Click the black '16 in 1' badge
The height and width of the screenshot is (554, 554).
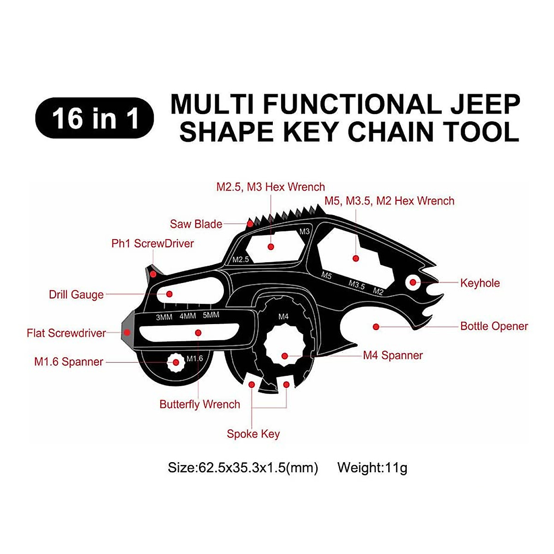95,118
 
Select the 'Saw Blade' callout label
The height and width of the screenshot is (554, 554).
196,224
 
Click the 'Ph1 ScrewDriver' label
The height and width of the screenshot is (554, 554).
152,244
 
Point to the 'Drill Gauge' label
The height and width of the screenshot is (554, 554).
76,295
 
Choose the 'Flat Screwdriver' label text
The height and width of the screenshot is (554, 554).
66,333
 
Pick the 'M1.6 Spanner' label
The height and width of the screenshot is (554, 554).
68,361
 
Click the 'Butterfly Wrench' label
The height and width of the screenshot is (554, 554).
199,404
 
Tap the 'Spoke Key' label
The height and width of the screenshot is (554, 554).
253,434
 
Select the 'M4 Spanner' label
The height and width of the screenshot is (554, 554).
392,355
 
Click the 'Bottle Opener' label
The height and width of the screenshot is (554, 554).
494,326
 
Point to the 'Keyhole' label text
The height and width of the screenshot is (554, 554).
480,283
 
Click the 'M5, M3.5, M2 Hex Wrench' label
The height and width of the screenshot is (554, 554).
389,201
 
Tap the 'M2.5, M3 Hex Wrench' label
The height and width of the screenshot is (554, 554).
271,187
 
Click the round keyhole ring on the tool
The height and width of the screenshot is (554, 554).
412,283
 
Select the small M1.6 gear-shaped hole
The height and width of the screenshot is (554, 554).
176,362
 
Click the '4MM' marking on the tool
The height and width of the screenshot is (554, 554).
187,316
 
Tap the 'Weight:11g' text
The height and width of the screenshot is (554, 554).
372,468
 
